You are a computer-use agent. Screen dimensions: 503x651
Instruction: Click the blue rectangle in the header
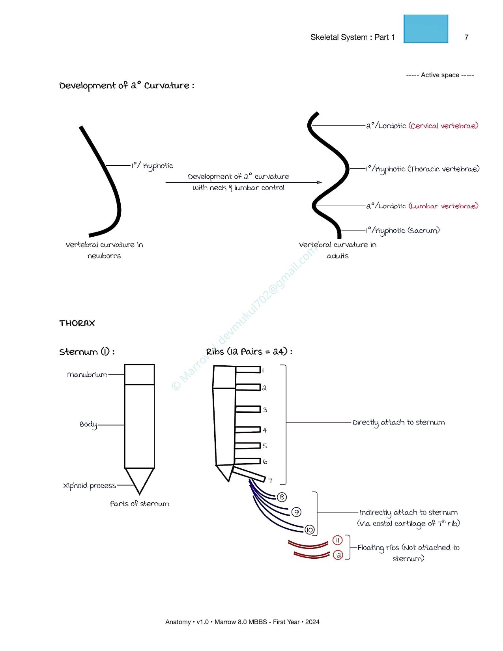click(426, 29)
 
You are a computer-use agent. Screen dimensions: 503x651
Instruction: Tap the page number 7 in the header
click(466, 37)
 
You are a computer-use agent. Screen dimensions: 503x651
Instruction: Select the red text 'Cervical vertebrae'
click(443, 126)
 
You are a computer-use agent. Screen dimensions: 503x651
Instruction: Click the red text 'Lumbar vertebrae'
click(443, 206)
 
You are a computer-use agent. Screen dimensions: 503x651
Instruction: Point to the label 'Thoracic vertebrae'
click(444, 169)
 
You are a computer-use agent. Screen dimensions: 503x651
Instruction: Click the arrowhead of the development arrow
click(319, 182)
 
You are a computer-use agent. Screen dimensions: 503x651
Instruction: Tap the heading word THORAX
click(77, 323)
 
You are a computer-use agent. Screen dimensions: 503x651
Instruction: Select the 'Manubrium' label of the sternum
click(87, 374)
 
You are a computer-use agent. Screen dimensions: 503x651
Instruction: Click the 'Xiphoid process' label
click(89, 486)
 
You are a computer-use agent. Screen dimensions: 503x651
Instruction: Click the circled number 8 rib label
click(282, 497)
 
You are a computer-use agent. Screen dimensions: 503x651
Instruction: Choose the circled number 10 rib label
click(309, 530)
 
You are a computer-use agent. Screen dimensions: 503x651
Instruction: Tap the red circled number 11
click(337, 540)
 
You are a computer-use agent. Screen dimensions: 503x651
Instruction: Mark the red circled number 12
click(338, 555)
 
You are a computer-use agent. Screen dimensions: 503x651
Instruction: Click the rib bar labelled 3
click(248, 409)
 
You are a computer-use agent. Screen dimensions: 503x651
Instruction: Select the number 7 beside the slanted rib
click(270, 481)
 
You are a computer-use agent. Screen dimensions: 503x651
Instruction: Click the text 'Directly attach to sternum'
click(398, 423)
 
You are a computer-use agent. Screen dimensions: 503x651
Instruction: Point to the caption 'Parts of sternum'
click(140, 503)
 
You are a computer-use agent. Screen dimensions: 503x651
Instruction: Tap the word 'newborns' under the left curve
click(104, 256)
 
